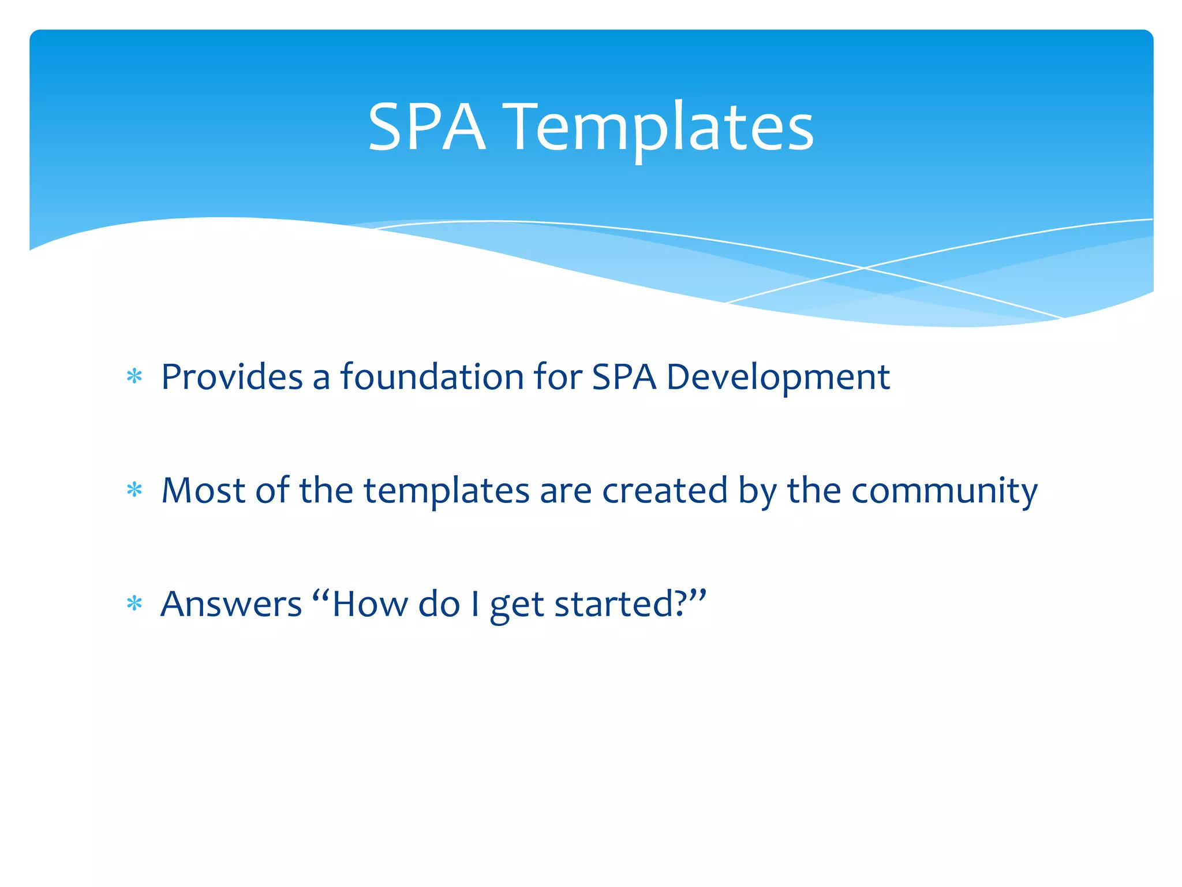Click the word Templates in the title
click(660, 128)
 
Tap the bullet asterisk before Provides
click(134, 377)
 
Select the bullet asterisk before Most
click(134, 490)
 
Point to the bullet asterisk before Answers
click(134, 604)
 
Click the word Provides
click(231, 377)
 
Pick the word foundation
click(432, 377)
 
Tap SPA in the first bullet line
click(624, 377)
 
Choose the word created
click(664, 490)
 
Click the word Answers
click(231, 604)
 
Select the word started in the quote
click(614, 604)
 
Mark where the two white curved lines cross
click(864, 268)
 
